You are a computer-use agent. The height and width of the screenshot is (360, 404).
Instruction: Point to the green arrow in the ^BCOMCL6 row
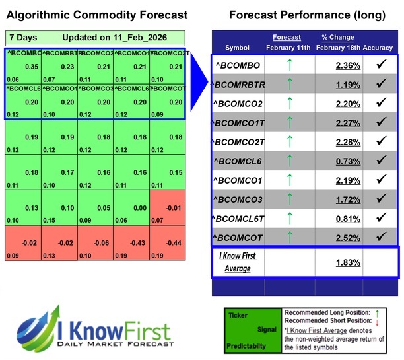288,161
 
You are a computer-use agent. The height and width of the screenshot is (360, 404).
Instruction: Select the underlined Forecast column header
286,38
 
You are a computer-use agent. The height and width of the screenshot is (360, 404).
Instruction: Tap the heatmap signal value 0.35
31,67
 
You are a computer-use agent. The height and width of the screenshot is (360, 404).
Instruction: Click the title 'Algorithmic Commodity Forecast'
97,15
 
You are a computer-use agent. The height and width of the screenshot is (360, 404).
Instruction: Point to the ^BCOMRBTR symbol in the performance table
238,85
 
